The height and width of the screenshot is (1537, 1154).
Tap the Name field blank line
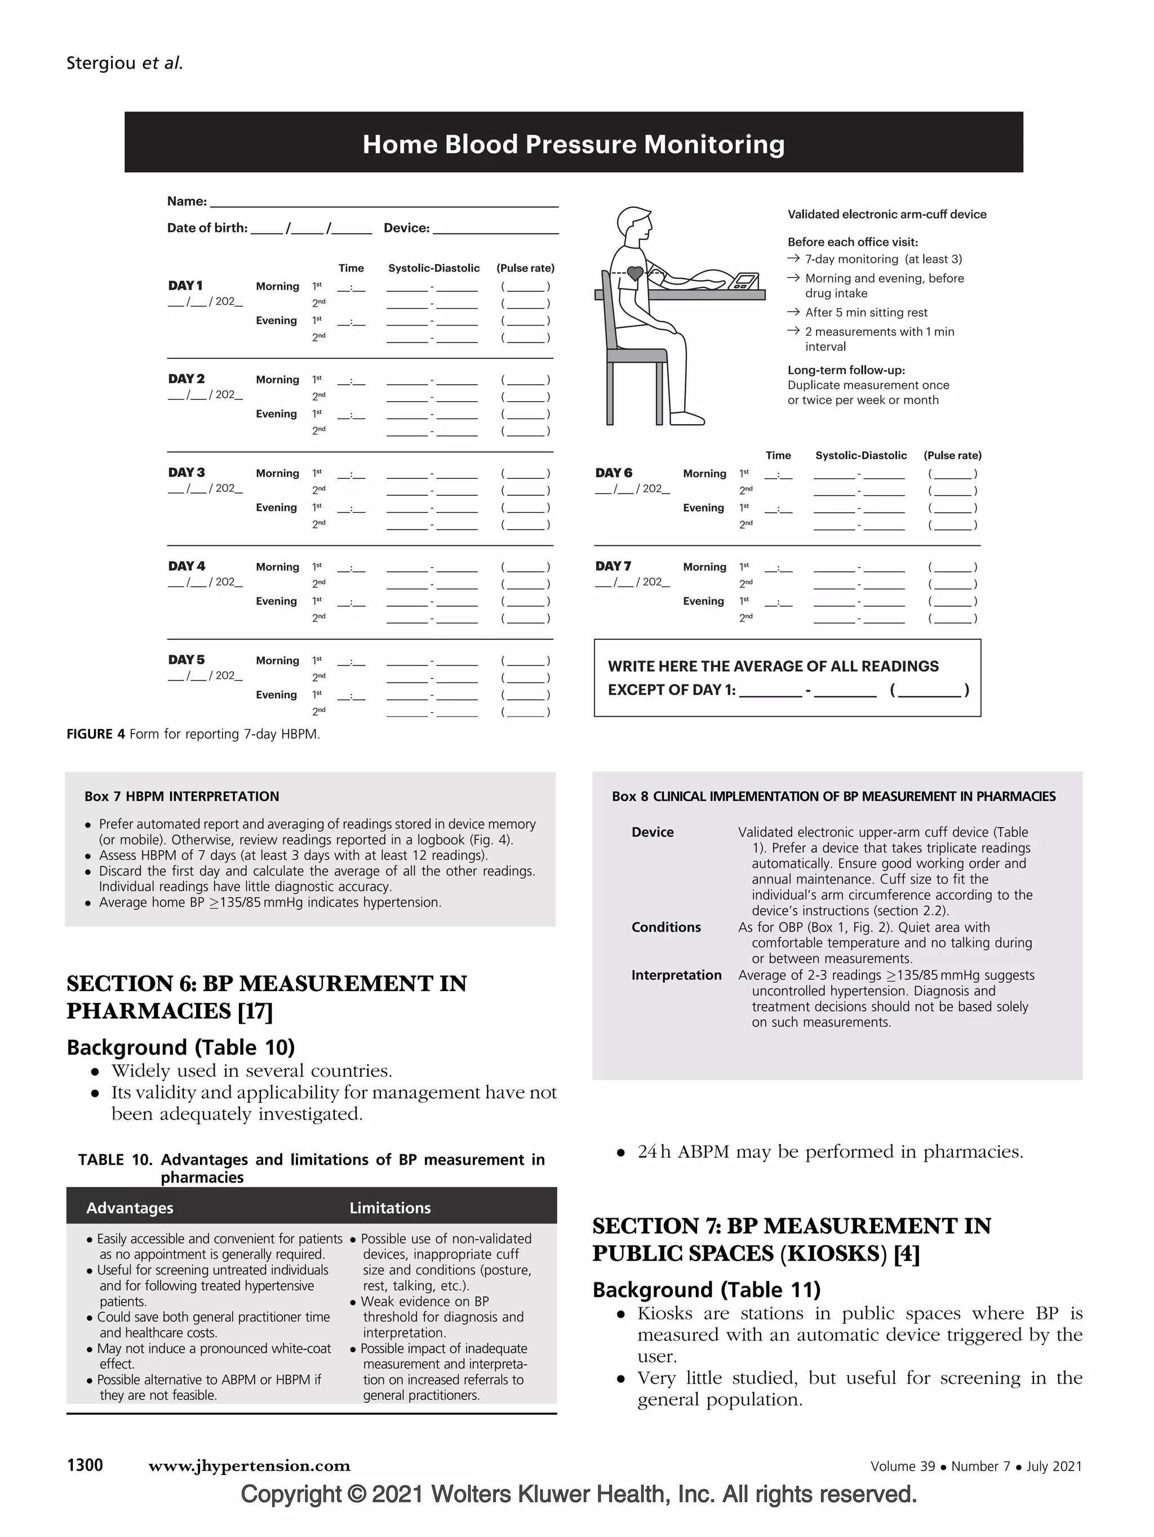pos(384,203)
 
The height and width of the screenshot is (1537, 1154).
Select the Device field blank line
pos(495,230)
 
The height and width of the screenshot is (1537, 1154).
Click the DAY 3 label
pos(186,473)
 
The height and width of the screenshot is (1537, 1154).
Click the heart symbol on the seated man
pos(635,273)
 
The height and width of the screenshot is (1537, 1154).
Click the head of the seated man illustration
pos(635,224)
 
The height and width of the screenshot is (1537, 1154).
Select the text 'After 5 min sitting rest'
pos(865,313)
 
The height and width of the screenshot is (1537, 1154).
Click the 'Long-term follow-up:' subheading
pos(846,370)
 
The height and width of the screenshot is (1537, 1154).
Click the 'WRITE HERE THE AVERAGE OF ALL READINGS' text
pos(773,667)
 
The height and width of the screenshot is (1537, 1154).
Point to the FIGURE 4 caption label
pos(95,735)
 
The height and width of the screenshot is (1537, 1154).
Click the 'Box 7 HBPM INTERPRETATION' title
pos(181,796)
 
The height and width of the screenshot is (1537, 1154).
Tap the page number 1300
pos(85,1465)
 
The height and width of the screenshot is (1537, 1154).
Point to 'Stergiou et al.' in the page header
pos(125,63)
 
